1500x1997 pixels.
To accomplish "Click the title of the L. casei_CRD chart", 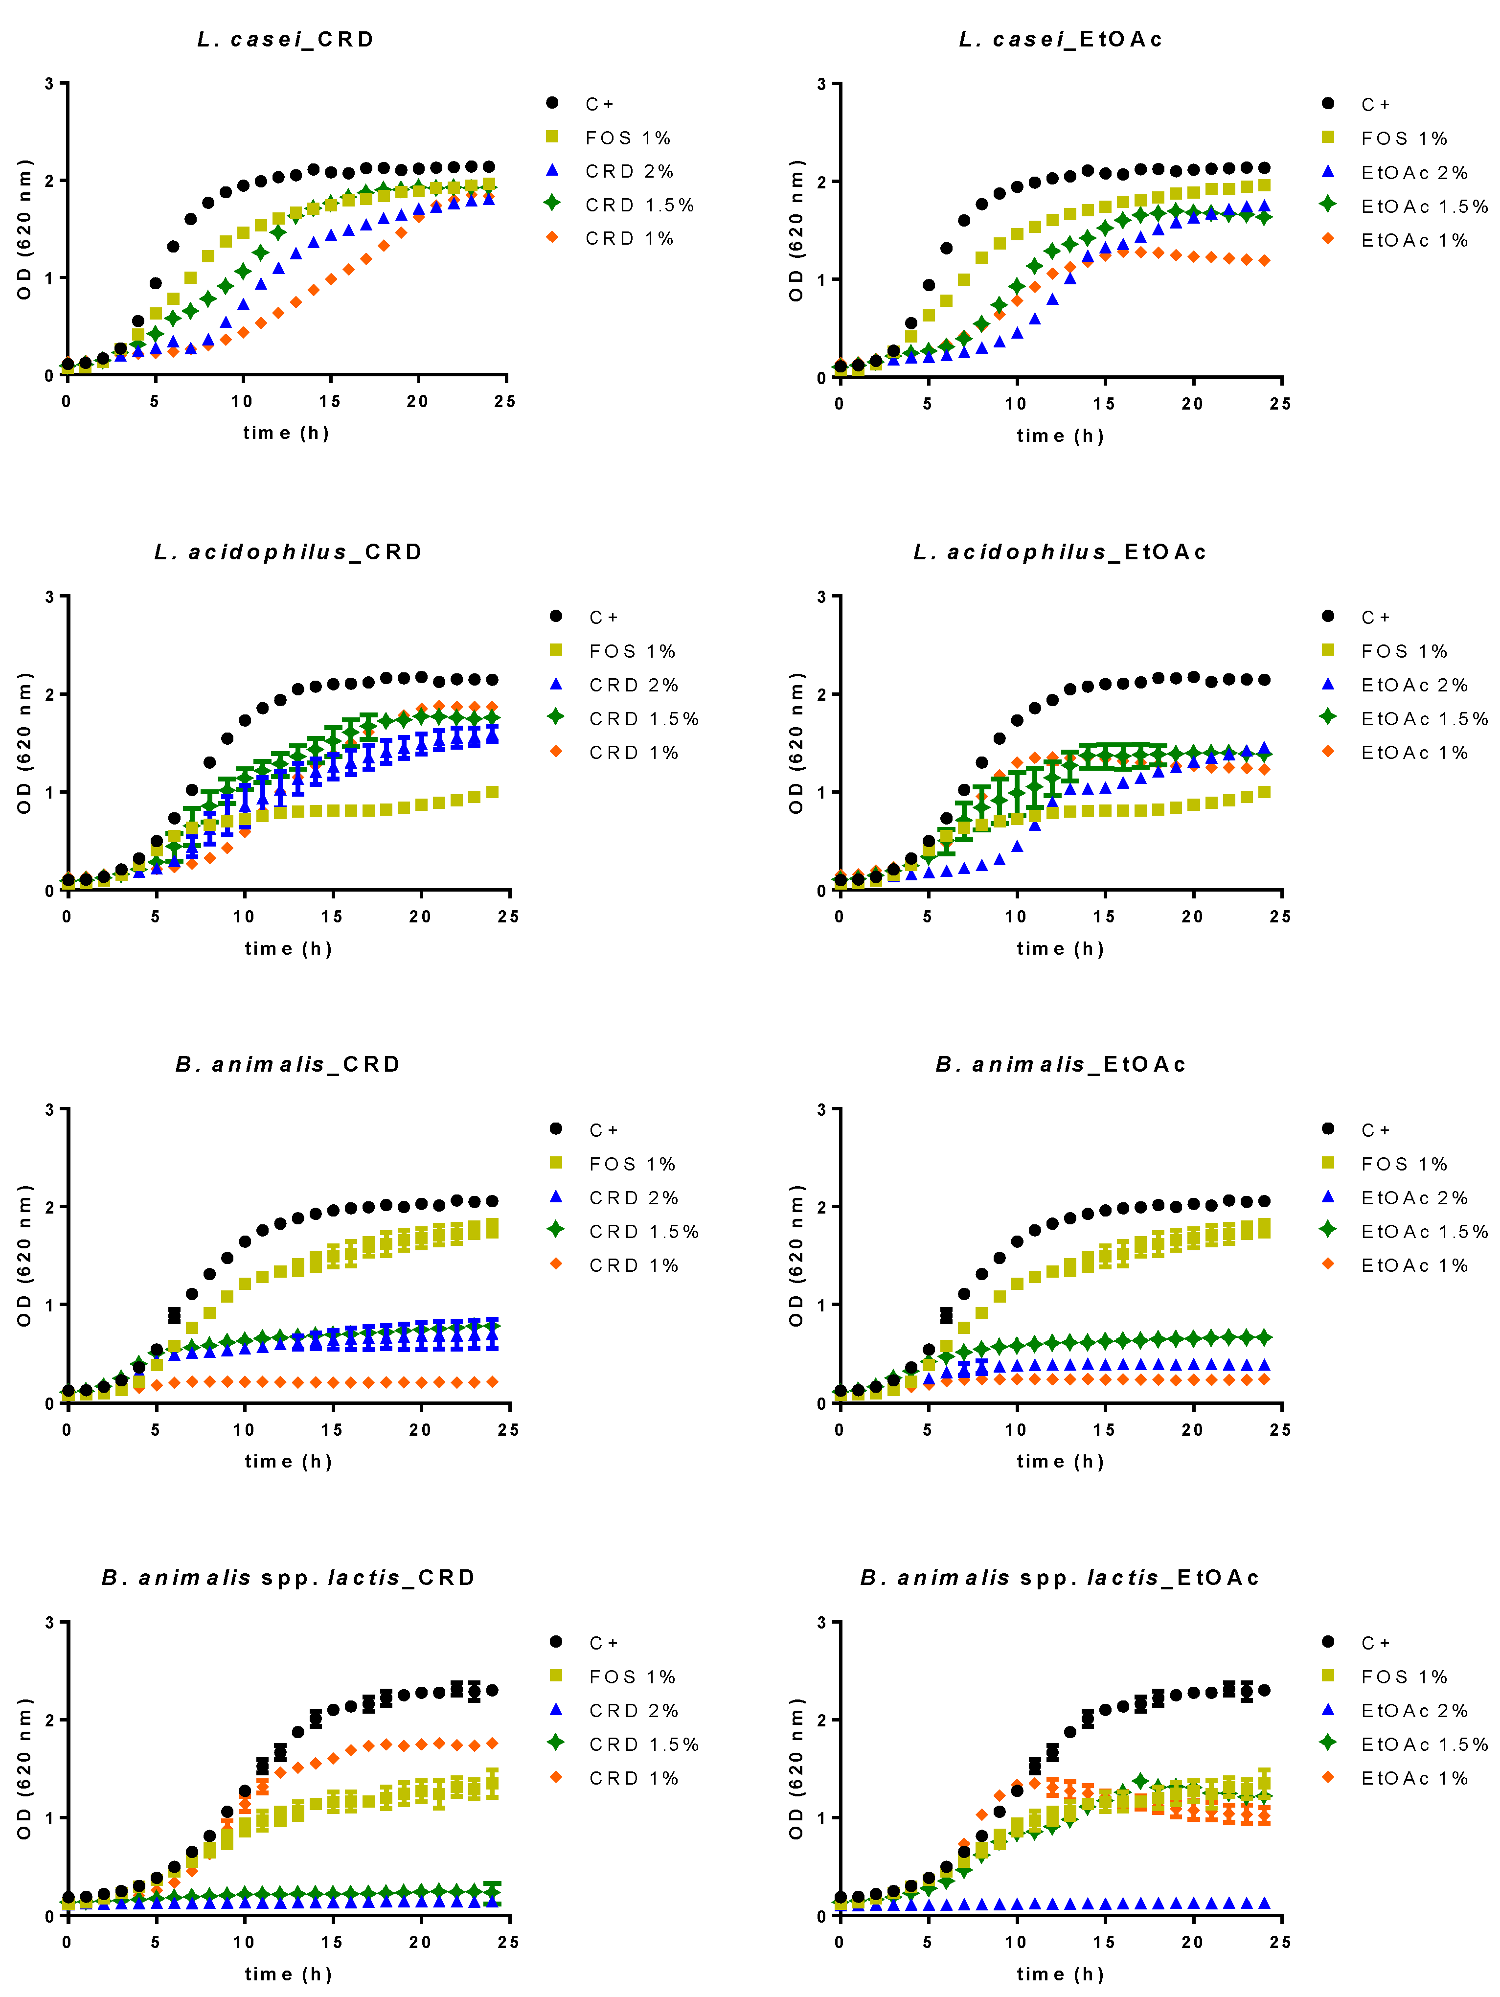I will [285, 40].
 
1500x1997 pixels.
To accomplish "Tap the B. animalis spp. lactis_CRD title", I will [288, 1577].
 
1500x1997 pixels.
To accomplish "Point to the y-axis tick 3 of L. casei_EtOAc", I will [821, 84].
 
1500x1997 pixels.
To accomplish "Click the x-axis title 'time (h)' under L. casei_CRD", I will [286, 433].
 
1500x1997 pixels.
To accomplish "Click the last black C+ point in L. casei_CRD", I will [489, 167].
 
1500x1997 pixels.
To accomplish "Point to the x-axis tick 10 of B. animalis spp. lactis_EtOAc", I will [1015, 1942].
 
